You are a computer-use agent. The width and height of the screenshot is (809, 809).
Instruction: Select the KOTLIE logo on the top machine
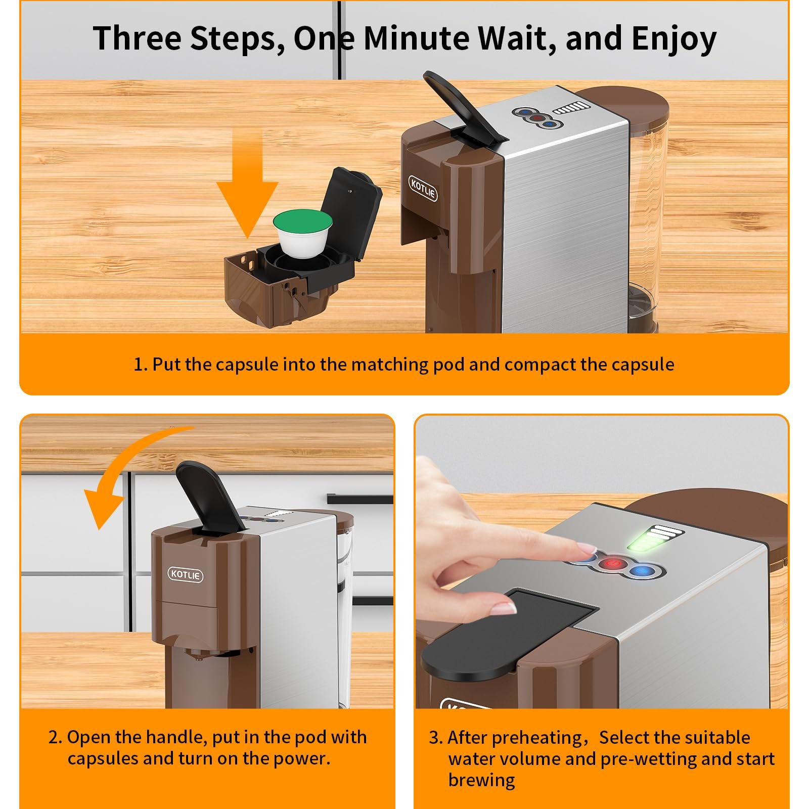coord(423,189)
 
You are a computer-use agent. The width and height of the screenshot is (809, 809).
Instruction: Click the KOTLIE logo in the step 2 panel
coord(186,575)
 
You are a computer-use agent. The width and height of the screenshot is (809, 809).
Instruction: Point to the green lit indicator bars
coord(655,540)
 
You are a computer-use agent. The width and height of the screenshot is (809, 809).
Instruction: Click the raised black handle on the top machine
coord(464,108)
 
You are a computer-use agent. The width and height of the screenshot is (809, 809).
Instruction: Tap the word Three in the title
coord(137,37)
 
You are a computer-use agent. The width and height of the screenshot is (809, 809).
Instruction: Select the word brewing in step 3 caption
coord(481,780)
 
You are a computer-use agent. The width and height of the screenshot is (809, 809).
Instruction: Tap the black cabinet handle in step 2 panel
coord(359,499)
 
